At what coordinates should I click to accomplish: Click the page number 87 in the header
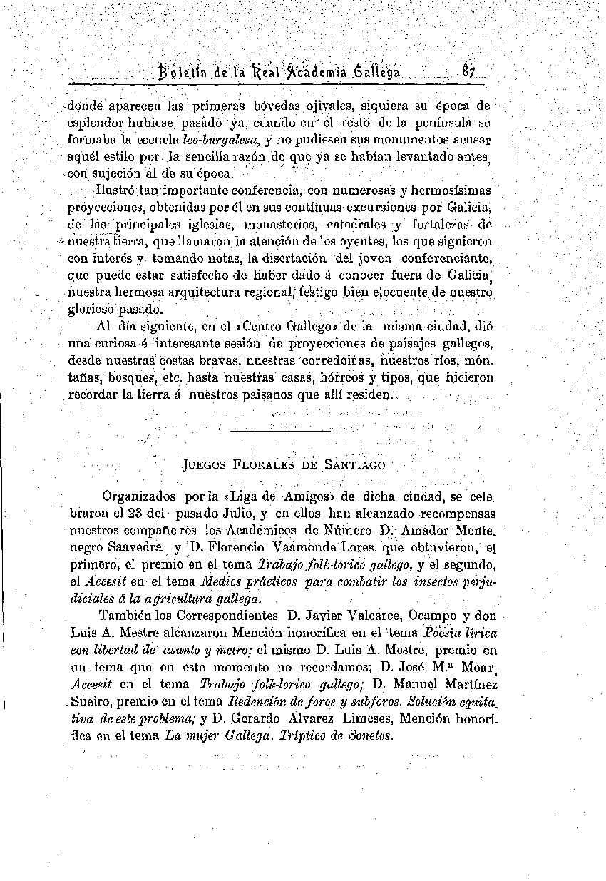point(468,72)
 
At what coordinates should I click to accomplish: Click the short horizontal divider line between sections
point(281,430)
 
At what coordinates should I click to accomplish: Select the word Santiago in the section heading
point(354,466)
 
